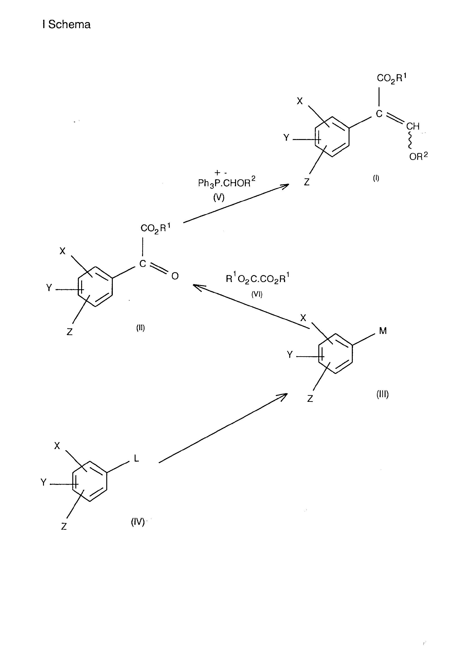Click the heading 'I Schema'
click(67, 24)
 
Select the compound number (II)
click(140, 328)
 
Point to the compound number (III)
click(382, 394)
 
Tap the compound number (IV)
click(138, 522)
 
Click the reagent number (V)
click(219, 197)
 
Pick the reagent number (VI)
click(257, 294)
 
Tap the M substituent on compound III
click(383, 331)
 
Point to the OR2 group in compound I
click(419, 156)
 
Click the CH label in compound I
click(413, 126)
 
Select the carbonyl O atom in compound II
click(175, 276)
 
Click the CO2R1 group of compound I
click(392, 78)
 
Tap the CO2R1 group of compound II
click(155, 228)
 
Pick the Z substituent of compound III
click(310, 399)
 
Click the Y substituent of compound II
click(49, 287)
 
